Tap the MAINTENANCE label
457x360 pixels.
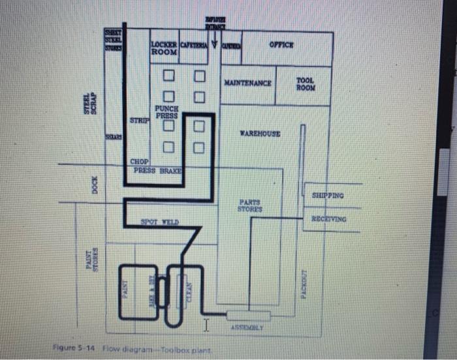click(x=247, y=84)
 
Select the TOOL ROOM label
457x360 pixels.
click(x=305, y=84)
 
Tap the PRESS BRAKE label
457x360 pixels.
click(x=157, y=170)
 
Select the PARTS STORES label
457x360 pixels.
click(x=251, y=205)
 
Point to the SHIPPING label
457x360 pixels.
click(x=328, y=195)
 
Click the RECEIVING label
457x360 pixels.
click(x=328, y=219)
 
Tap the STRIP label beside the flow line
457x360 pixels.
click(x=139, y=121)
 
